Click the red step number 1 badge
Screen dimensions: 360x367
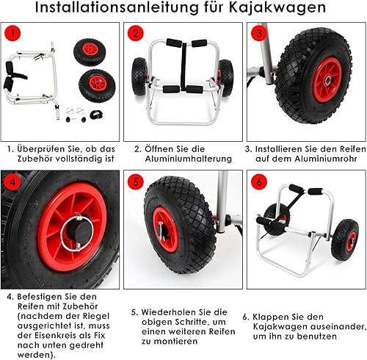tap(12, 35)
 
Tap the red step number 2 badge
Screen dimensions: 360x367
tap(134, 35)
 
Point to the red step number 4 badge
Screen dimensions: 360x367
tap(12, 182)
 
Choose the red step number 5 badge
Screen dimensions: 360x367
tap(134, 182)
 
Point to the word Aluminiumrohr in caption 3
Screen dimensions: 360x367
tap(315, 158)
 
